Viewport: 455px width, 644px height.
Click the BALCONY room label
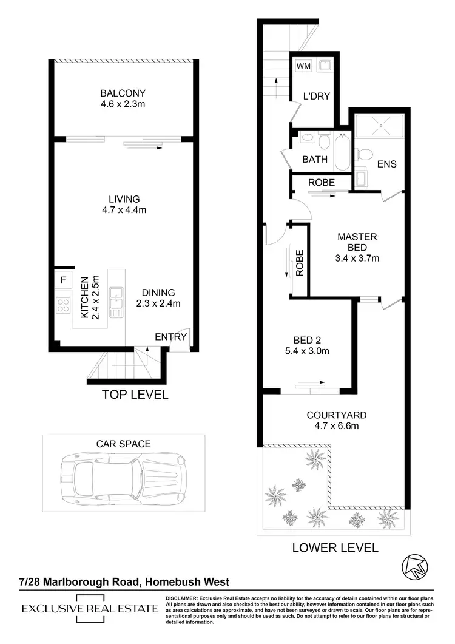[123, 93]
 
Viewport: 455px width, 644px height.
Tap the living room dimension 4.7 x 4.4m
[124, 210]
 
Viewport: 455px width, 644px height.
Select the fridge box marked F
[63, 281]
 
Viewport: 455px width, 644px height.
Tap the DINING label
[158, 292]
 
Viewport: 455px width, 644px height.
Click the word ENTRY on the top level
[171, 337]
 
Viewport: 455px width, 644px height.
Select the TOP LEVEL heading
[135, 395]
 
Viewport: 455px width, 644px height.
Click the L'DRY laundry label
[315, 96]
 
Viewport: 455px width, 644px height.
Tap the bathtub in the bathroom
[342, 151]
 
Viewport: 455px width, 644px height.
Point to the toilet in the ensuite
[364, 154]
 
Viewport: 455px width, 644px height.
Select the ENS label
[386, 164]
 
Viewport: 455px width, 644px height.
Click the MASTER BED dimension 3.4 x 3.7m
[357, 258]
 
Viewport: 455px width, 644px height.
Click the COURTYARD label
[336, 415]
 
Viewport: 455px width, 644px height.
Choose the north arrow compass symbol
[415, 566]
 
